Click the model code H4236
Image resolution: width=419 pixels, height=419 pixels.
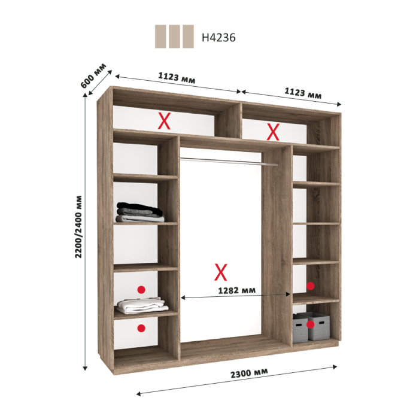click(218, 38)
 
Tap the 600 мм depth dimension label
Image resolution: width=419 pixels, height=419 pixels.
click(93, 76)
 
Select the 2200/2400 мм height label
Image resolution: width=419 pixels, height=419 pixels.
click(78, 227)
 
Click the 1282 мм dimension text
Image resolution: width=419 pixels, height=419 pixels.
click(237, 290)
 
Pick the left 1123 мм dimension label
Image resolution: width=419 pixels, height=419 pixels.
click(177, 77)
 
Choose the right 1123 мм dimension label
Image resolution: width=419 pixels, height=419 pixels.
click(303, 93)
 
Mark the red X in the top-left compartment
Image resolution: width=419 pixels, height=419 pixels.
click(165, 121)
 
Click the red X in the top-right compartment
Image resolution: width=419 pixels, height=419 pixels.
click(273, 132)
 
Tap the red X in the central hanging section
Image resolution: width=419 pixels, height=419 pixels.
click(221, 272)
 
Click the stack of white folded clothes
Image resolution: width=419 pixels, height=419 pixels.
click(142, 305)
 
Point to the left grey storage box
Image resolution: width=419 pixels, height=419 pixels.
click(300, 329)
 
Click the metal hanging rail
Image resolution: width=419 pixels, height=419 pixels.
click(229, 162)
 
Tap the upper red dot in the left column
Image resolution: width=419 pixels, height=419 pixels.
click(141, 290)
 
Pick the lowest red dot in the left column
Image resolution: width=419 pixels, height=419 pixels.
click(141, 328)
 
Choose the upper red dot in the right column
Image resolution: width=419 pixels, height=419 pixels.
click(310, 286)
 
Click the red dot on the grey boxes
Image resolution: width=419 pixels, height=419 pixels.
click(310, 324)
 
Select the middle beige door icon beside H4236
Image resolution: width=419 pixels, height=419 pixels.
click(174, 37)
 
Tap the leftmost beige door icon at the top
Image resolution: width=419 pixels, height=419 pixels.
click(160, 37)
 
